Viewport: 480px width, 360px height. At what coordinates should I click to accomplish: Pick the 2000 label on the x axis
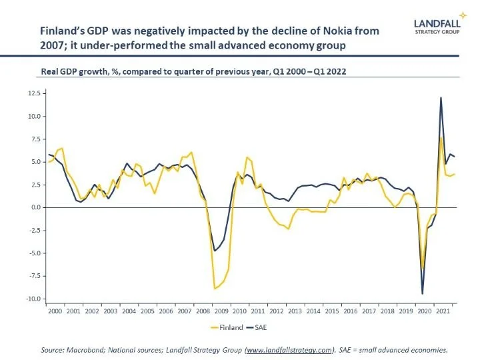tap(55, 311)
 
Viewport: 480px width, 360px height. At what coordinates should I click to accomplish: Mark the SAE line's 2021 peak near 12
tap(441, 98)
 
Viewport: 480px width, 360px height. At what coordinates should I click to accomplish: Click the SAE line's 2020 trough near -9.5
tap(422, 293)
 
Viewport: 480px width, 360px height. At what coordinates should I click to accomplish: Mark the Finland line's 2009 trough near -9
tap(215, 289)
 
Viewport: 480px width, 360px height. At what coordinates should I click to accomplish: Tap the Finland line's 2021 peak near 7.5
tap(441, 138)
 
